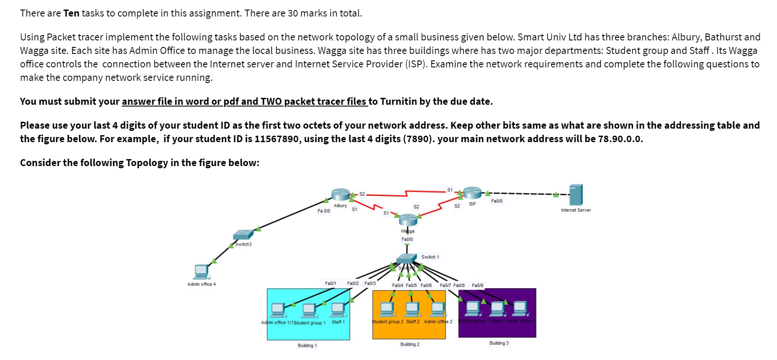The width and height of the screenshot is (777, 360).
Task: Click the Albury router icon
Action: (x=340, y=194)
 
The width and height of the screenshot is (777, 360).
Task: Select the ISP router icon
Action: (x=472, y=193)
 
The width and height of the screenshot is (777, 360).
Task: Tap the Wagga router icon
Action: (x=408, y=220)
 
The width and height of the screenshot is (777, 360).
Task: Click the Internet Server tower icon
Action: (x=576, y=195)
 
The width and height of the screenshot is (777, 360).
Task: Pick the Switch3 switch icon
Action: (x=243, y=235)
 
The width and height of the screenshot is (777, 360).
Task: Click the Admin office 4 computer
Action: (x=201, y=271)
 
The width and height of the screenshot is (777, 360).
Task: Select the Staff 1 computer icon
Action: (x=338, y=309)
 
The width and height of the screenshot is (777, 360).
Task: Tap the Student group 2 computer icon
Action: (x=387, y=309)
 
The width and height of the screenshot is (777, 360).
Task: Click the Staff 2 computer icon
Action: (x=412, y=309)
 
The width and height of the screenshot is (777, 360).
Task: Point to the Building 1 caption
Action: (x=307, y=346)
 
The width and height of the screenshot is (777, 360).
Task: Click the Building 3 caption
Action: (x=499, y=343)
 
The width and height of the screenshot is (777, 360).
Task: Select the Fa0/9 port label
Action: (x=477, y=286)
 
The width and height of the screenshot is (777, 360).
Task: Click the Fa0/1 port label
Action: (x=330, y=283)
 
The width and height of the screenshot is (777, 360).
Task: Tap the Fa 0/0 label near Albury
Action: (x=324, y=211)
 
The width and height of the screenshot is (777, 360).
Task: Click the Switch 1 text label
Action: (x=430, y=257)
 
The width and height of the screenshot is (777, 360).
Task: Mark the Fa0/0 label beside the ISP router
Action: (x=496, y=201)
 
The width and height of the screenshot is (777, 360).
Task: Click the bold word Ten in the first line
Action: (x=71, y=13)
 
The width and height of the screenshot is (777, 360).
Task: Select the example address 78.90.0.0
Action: (x=620, y=139)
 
